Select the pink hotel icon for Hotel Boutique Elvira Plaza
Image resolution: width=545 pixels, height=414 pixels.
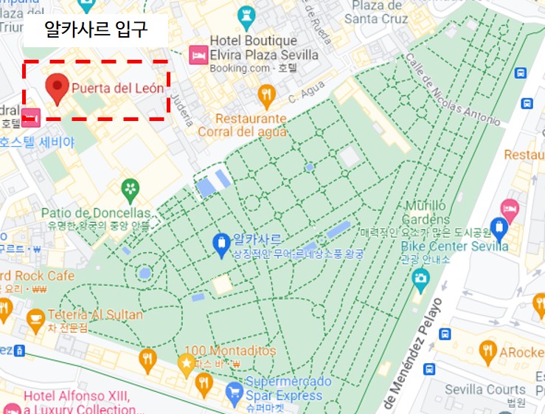(x=198, y=55)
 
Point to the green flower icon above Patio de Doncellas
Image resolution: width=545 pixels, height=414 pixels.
(x=131, y=188)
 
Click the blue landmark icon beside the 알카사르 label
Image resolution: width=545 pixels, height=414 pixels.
(x=221, y=244)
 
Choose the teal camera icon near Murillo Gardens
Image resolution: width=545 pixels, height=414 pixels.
(x=420, y=278)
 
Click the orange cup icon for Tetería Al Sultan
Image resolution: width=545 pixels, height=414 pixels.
(x=34, y=318)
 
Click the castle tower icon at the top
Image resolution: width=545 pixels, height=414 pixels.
(x=246, y=15)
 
